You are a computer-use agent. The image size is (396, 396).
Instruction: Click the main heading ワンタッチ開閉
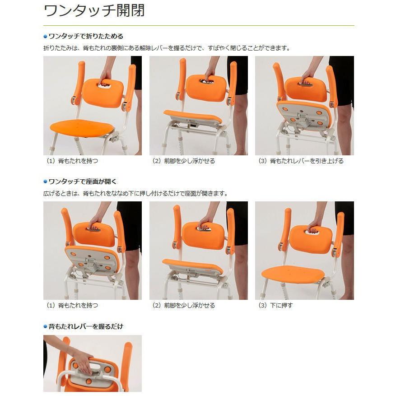94,11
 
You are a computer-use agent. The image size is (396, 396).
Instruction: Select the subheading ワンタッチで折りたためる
86,36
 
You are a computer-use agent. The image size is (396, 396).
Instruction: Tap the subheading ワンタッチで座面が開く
83,182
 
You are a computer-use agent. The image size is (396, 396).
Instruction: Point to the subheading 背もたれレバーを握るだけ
86,326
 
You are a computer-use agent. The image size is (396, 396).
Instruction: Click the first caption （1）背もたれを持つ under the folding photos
72,161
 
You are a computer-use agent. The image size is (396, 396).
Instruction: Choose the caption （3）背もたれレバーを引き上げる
301,161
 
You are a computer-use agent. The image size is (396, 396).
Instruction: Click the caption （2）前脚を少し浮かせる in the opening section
183,305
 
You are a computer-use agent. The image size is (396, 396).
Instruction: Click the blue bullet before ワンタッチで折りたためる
45,36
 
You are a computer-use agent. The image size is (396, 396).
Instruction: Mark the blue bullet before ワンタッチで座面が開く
45,182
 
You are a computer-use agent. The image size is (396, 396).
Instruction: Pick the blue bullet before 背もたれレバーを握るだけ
45,326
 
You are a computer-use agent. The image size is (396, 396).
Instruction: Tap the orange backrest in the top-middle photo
206,88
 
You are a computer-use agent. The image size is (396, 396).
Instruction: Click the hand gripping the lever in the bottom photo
83,360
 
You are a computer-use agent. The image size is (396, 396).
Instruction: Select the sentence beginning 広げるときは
135,193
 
